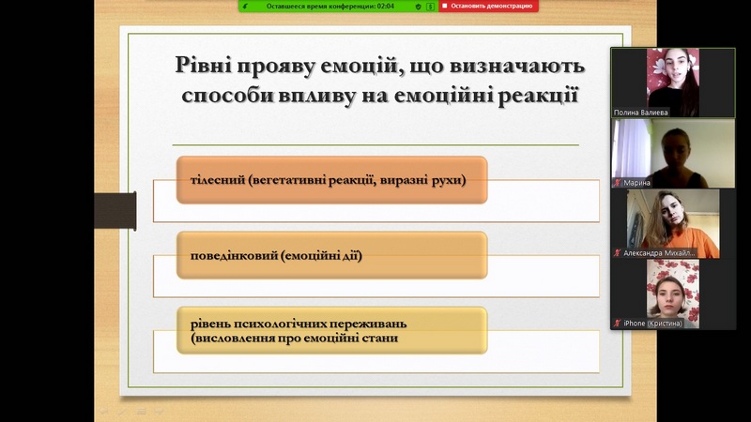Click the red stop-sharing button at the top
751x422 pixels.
coord(488,6)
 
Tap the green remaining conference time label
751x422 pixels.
coord(330,7)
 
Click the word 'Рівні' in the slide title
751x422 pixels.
coord(202,65)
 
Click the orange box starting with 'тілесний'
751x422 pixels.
coord(332,180)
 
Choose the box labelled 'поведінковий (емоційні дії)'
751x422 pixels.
coord(332,255)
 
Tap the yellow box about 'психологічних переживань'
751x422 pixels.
coord(332,331)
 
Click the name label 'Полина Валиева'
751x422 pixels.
coord(640,113)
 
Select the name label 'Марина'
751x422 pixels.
coord(636,182)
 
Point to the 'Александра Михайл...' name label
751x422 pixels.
coord(659,252)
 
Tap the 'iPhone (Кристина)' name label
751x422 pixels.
coord(652,324)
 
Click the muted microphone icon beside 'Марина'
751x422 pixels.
coord(618,182)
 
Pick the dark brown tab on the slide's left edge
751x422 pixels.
coord(115,210)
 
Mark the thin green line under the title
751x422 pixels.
coord(375,144)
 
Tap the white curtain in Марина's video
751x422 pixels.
coord(632,148)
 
